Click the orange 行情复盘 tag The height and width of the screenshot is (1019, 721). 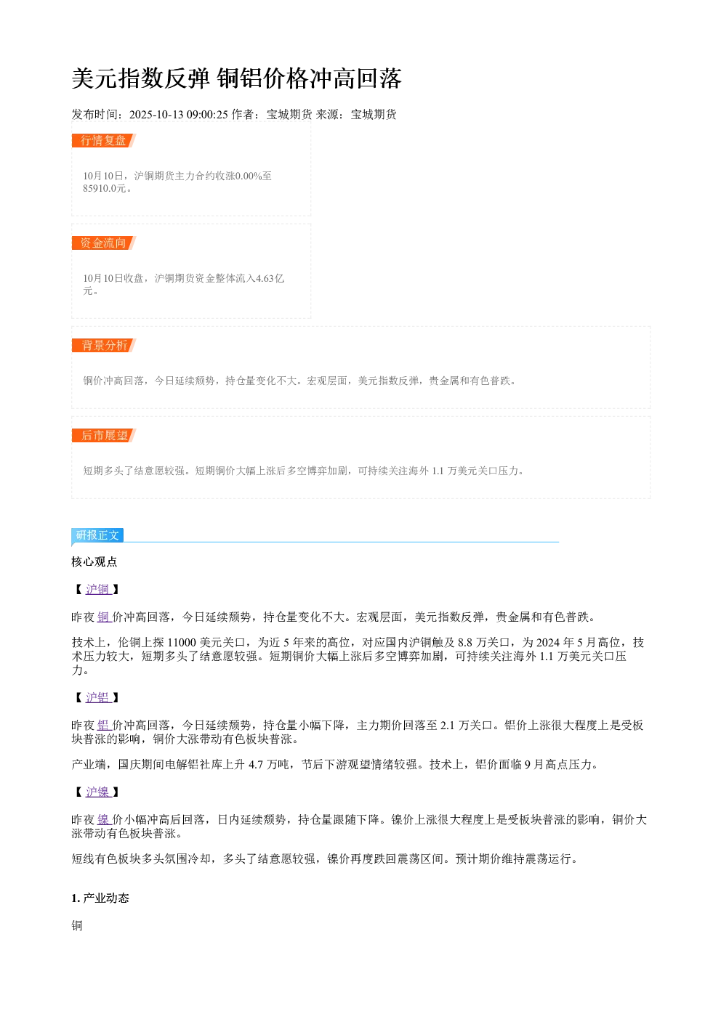104,141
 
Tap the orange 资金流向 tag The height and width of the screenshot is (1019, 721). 104,243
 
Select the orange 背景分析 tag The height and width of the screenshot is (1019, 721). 104,345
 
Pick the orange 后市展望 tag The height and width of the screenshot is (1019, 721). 104,435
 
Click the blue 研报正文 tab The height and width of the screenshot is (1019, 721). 97,535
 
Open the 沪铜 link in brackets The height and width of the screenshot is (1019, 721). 98,590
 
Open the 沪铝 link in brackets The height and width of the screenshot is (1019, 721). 98,698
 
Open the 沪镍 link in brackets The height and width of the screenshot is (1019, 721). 98,792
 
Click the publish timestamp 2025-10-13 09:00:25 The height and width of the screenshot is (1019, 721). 178,115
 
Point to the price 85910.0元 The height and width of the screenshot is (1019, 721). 104,188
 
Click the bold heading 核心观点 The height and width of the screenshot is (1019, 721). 94,562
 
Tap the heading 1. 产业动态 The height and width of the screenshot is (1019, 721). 100,898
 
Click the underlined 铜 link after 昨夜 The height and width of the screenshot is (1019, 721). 104,617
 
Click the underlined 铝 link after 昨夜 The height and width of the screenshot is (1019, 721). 104,725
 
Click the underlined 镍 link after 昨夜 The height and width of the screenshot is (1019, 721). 104,820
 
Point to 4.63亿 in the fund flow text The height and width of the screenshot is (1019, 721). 270,278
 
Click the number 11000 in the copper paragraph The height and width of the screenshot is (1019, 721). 182,642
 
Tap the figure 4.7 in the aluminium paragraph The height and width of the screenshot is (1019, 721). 256,764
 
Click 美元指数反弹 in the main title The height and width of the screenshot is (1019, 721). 141,78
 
